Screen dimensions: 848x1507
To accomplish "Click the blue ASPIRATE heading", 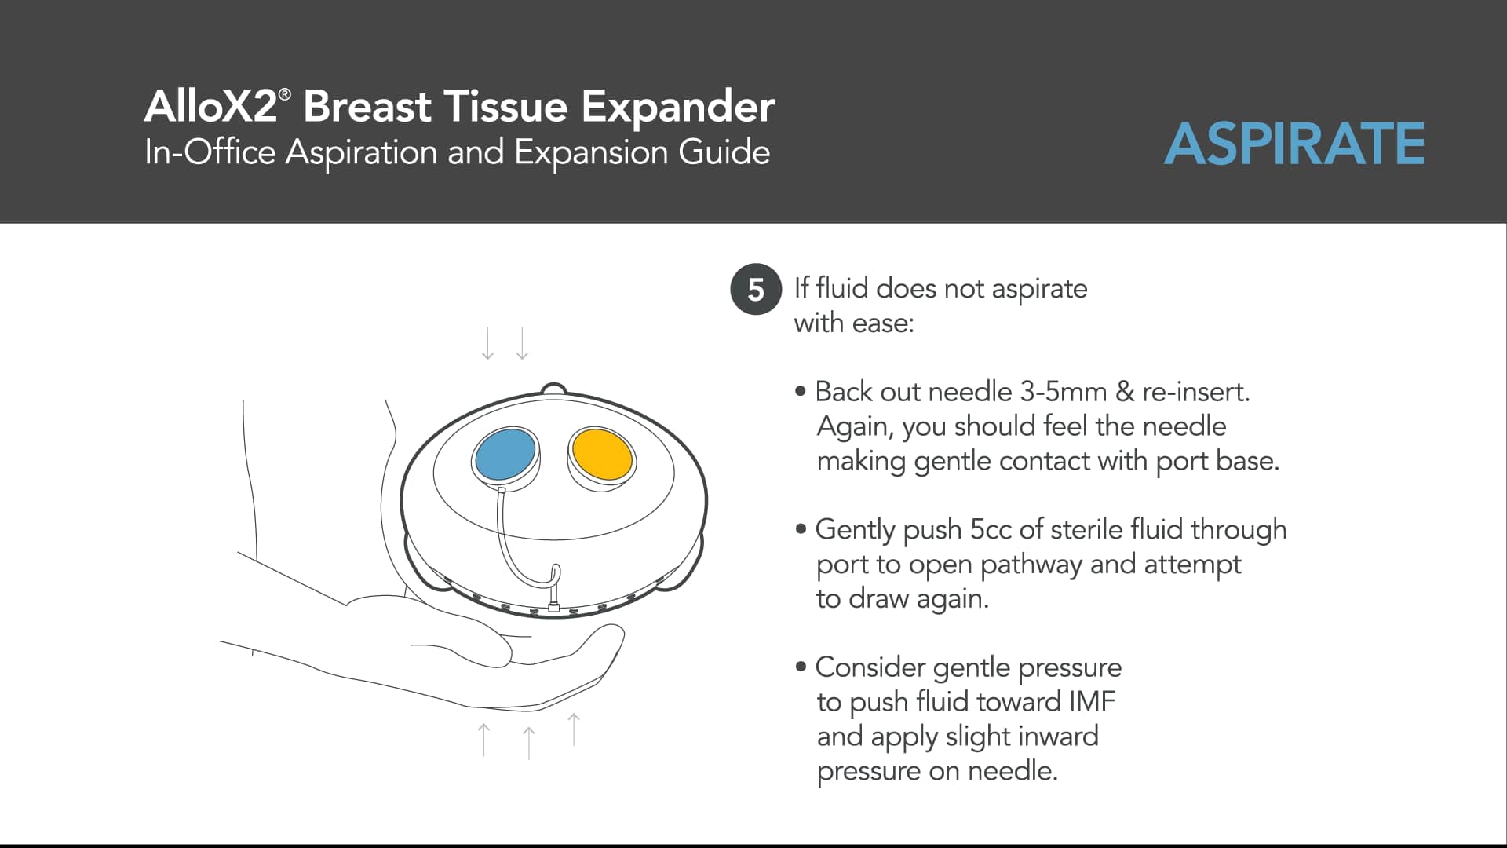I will [1294, 144].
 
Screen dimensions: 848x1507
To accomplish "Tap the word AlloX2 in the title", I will [211, 106].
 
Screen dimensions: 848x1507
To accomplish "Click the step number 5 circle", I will [755, 290].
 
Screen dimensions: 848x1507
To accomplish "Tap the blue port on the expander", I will [505, 454].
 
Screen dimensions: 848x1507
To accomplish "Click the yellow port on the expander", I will [602, 455].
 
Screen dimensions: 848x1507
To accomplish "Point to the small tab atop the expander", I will [553, 389].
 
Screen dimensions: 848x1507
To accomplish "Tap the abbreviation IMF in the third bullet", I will [1092, 701].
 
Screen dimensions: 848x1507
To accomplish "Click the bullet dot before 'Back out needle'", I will [801, 391].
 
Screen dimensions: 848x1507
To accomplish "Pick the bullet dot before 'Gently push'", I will [801, 529].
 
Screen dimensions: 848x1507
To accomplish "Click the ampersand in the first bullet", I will [1125, 392].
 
